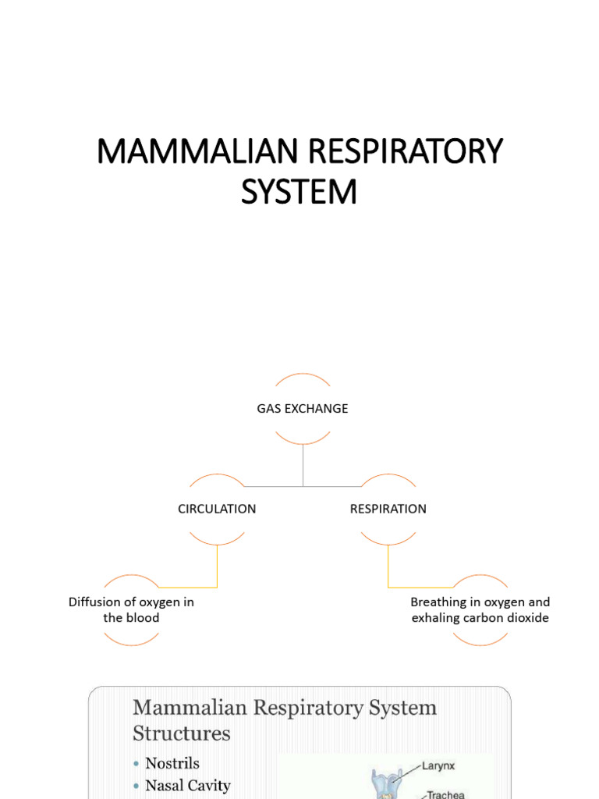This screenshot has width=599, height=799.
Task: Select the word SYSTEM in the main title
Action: coord(299,192)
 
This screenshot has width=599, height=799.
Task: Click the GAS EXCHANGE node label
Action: coord(303,409)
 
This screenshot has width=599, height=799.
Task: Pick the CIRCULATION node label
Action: coord(217,509)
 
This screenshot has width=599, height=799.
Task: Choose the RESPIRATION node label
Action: coord(388,509)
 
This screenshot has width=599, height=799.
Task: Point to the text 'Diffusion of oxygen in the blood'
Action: coord(131,610)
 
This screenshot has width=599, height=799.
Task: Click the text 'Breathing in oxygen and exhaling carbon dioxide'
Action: coord(480,610)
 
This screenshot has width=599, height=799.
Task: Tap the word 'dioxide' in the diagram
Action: coord(526,618)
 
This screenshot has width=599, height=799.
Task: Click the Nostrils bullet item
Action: coord(172,763)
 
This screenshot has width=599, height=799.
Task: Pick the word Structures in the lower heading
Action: coord(182,733)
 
